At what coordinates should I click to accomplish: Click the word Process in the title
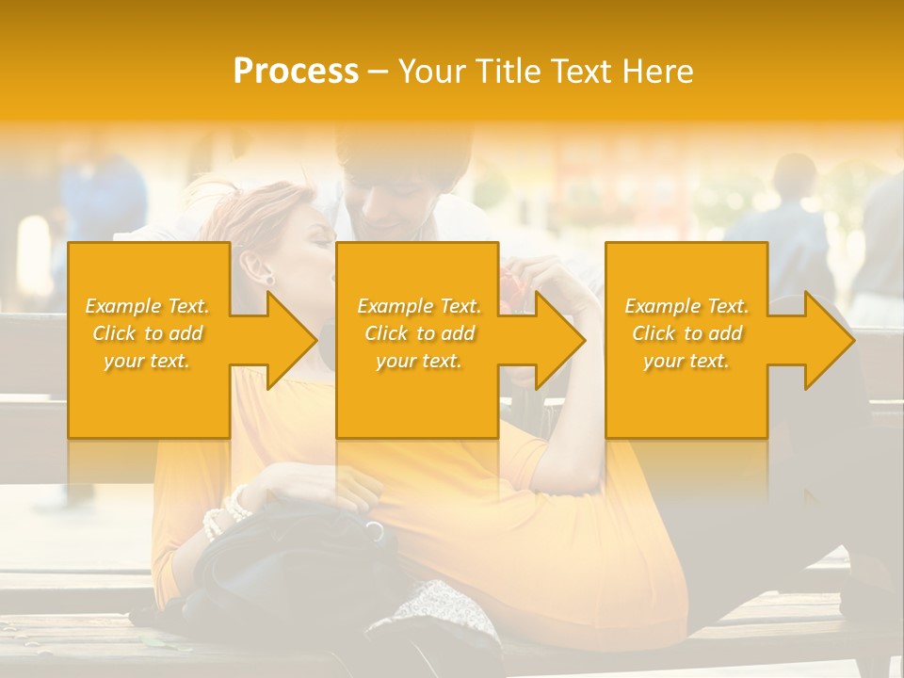coord(296,71)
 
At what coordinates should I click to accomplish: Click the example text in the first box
coord(148,333)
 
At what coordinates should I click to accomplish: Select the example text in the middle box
coord(419,333)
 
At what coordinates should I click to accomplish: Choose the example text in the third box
coord(686,333)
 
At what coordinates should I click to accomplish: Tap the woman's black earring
coord(267,279)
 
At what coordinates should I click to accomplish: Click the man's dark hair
coord(405,155)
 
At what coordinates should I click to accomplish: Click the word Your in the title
coord(430,71)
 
